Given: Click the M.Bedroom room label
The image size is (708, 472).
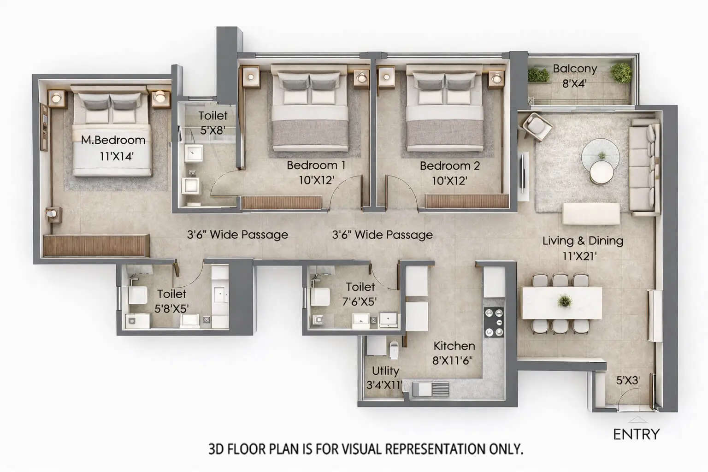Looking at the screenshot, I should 113,140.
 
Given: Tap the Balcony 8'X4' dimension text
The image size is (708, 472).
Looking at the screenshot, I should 574,83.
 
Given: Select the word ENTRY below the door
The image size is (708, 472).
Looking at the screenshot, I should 636,434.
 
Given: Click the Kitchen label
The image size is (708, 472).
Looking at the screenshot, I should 454,346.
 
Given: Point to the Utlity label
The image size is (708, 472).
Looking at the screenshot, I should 385,371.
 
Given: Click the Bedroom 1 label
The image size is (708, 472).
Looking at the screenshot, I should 316,165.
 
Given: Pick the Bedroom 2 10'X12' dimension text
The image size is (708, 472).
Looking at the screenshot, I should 449,181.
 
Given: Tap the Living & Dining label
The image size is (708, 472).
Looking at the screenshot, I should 583,241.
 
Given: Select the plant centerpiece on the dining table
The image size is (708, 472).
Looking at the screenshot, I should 564,301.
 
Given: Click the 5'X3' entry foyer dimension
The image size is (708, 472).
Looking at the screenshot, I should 628,380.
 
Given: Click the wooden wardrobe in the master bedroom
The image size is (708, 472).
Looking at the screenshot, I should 96,245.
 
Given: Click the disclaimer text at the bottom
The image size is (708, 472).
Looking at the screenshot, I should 366,448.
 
